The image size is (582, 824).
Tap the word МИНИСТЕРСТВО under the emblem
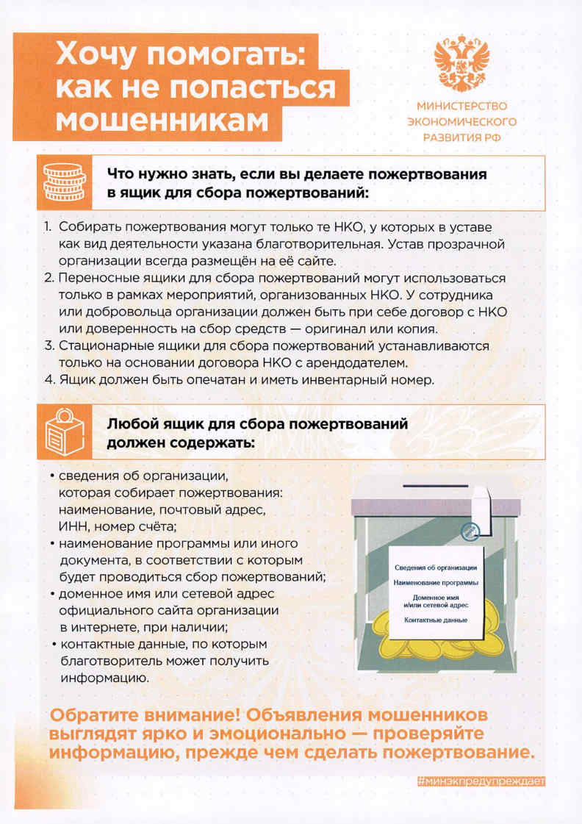[462, 106]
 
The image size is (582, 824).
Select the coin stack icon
[64, 182]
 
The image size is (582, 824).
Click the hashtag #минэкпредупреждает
[481, 781]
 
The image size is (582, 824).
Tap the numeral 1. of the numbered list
[47, 227]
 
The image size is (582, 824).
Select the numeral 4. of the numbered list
[49, 379]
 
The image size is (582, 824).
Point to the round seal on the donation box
[470, 531]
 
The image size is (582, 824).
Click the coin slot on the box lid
[436, 486]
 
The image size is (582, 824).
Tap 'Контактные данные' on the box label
[436, 620]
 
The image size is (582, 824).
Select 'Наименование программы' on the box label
[436, 583]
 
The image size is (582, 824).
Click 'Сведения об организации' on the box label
[436, 567]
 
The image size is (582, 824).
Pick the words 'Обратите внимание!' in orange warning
[145, 715]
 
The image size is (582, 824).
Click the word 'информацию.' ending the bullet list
[104, 678]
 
